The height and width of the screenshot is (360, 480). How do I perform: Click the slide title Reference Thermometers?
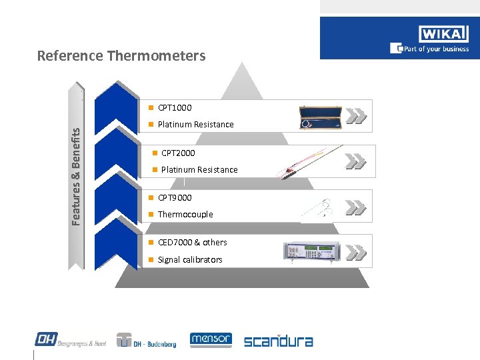tap(121, 55)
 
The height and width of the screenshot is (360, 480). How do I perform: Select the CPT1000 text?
tap(175, 107)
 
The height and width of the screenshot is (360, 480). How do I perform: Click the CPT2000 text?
tap(178, 153)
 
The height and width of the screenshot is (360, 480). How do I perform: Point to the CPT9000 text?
tap(175, 197)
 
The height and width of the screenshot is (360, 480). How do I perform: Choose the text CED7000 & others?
tap(192, 243)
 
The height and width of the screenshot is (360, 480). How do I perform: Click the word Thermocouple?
tap(185, 215)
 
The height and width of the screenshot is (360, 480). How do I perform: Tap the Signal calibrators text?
tap(190, 260)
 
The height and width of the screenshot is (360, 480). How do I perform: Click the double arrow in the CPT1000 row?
tap(357, 116)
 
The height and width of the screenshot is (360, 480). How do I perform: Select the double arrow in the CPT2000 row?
tap(356, 161)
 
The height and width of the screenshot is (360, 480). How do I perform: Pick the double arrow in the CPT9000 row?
tap(357, 208)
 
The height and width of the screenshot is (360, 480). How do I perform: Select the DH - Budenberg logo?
tap(146, 341)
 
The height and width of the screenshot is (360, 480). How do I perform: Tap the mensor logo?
tap(211, 340)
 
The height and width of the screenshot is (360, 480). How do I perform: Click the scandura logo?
tap(278, 341)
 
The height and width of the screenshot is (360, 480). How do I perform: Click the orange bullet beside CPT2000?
tap(155, 153)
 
